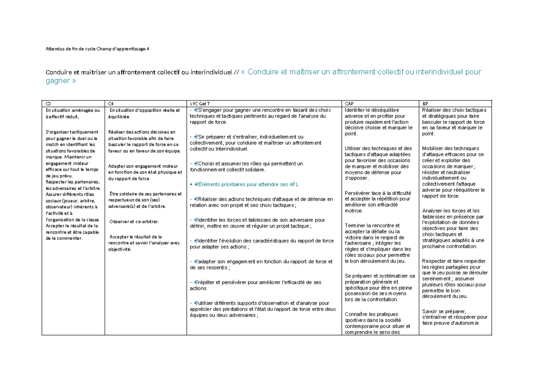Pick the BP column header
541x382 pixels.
[x=425, y=103]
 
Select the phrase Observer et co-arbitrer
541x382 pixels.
[x=134, y=221]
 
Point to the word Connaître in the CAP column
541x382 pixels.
[x=357, y=314]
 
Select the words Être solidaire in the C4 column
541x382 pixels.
[x=124, y=194]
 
